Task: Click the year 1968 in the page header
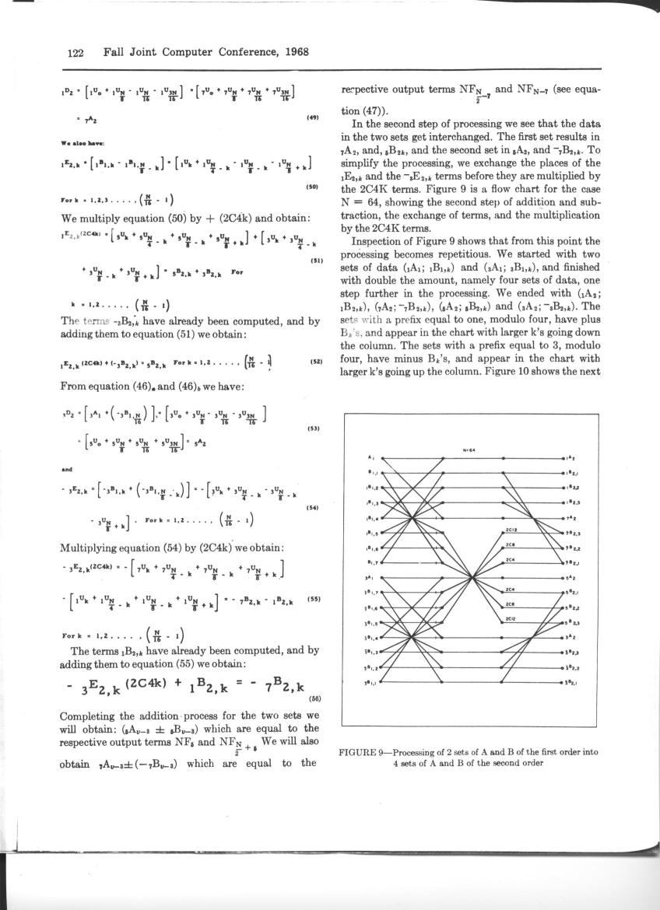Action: tap(293, 53)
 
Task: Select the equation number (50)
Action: tap(313, 187)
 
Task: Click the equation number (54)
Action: tap(313, 508)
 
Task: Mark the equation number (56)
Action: tap(314, 699)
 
